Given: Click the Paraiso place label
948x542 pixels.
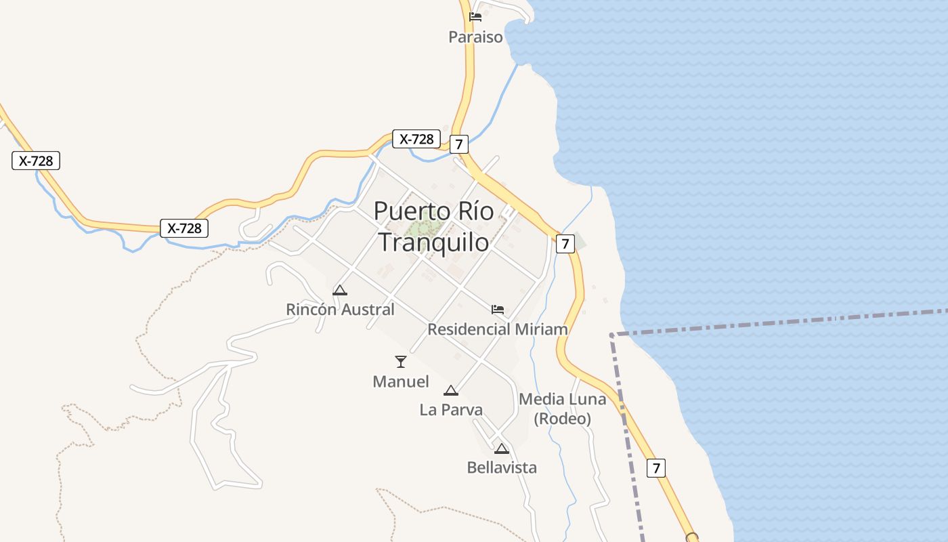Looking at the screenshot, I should pos(475,37).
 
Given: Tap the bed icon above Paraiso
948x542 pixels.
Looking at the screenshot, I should pos(475,17).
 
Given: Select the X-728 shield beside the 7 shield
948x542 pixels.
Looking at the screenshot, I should pos(416,139).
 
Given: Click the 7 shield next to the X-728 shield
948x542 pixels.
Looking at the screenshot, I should pos(459,144).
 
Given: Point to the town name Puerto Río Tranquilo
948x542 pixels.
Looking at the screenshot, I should pos(434,226).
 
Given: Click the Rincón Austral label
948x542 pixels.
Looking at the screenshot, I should pos(340,310).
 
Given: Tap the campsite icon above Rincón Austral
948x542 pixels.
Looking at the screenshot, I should pos(340,291).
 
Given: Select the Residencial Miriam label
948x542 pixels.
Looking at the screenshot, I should pos(498,329).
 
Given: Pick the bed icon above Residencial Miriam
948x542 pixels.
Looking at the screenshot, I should pos(498,310).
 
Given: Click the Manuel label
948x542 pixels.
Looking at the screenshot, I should pos(401,381).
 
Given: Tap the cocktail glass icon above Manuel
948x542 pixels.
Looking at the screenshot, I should pos(401,362).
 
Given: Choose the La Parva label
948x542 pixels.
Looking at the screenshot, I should pos(451,410).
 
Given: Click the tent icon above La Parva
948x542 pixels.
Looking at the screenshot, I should pos(451,390).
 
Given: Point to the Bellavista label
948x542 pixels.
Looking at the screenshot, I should pos(502,467).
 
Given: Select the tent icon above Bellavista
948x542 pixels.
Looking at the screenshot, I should pos(501,449).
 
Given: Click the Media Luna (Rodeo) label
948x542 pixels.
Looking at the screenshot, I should pos(562,409).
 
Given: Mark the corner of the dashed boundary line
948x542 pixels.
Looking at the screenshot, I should pos(611,335).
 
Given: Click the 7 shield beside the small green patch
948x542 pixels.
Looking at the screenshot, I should pos(565,243).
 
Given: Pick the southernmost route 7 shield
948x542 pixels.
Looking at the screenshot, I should pos(655,467).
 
